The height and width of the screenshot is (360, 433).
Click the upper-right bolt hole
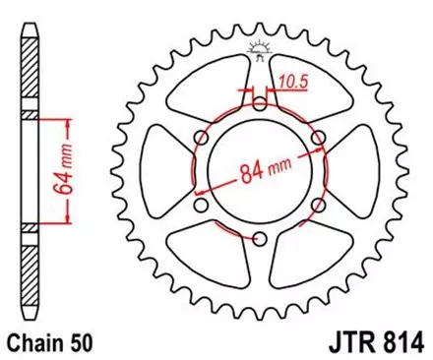(318, 136)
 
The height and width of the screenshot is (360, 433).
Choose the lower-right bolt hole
(318, 205)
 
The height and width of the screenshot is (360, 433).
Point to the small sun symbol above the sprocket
(260, 45)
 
